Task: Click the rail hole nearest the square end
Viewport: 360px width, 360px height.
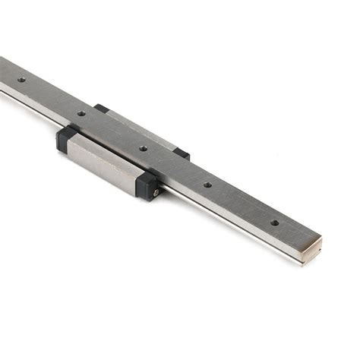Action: [x=274, y=223]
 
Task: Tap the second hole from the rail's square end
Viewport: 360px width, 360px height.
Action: [x=207, y=183]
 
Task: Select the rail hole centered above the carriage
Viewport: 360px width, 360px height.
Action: [x=143, y=148]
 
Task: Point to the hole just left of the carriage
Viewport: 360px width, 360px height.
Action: [x=81, y=114]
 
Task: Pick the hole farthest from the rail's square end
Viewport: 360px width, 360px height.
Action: [x=21, y=79]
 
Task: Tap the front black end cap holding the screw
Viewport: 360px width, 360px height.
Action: [x=147, y=185]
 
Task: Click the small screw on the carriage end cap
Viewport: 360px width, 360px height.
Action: [x=156, y=192]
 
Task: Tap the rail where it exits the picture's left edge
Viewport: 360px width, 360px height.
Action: [x=3, y=76]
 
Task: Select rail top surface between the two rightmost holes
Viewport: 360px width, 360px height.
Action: [x=241, y=204]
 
